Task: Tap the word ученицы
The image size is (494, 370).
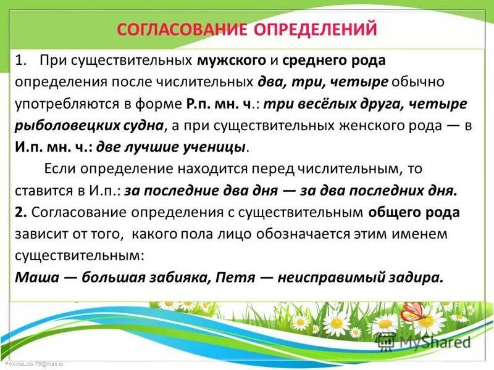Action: click(215, 147)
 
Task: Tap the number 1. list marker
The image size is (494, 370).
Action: click(23, 61)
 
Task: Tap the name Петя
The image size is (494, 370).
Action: click(235, 277)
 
